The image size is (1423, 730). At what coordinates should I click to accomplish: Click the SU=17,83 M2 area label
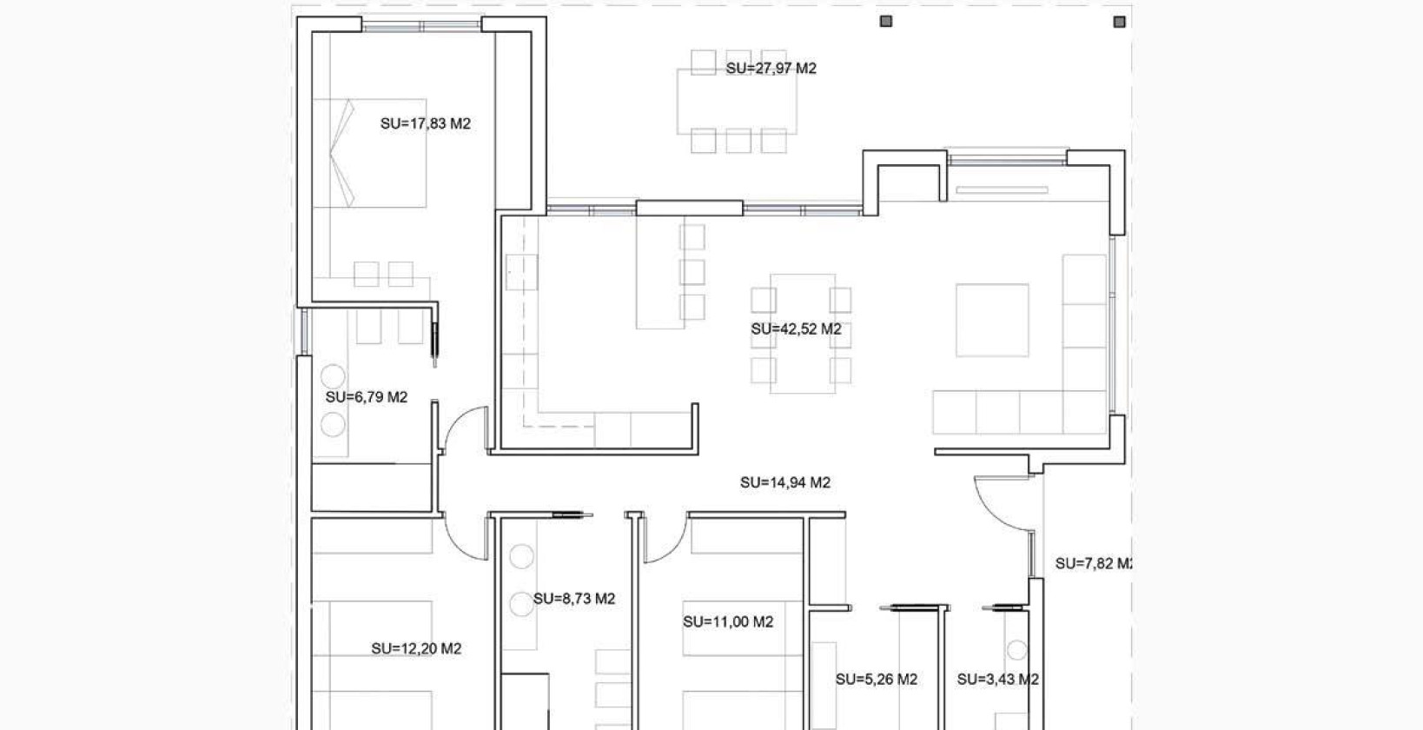(x=425, y=124)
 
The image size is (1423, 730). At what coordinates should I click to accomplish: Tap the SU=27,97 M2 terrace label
(x=771, y=69)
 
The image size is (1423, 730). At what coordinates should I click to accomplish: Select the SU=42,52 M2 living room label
(x=796, y=329)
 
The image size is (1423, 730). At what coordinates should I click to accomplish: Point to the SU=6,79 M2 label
(x=366, y=397)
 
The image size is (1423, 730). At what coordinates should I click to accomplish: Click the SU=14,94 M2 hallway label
(x=784, y=482)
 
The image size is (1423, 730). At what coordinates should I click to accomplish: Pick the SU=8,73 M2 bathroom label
(x=573, y=599)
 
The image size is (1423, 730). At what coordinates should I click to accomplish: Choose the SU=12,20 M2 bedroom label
(x=415, y=648)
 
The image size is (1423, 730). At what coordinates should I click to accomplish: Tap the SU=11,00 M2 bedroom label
(x=727, y=622)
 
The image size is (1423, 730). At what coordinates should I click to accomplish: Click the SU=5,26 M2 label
(x=876, y=680)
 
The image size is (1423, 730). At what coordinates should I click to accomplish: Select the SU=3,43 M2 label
(x=997, y=680)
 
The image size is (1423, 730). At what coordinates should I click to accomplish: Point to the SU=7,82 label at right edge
(x=1092, y=564)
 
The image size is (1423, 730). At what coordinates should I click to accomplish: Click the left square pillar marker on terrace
(x=885, y=21)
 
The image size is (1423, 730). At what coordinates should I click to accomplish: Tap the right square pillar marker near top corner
(x=1119, y=21)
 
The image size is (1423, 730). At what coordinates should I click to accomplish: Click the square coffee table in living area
(x=992, y=320)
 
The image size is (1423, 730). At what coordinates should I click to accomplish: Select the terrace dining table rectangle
(x=737, y=101)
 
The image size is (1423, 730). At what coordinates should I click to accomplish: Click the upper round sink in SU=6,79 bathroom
(x=333, y=376)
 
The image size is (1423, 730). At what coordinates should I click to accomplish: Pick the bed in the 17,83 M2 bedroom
(x=369, y=153)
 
